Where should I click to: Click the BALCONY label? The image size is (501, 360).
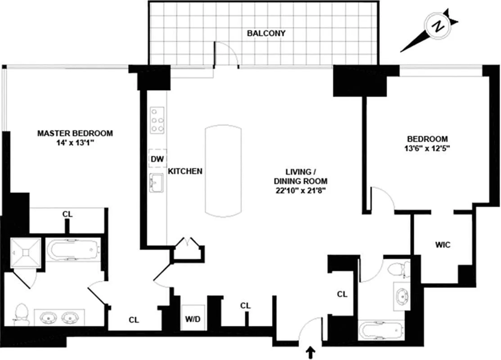click(266, 33)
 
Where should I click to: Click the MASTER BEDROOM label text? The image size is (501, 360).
click(75, 133)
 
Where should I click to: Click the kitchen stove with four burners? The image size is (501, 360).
click(158, 120)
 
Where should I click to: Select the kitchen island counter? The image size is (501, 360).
click(223, 171)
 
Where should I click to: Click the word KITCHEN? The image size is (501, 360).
click(185, 171)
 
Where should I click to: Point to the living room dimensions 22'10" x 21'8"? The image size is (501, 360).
click(301, 190)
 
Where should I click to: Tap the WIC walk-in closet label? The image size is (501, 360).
click(442, 245)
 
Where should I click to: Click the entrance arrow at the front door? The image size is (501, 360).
click(310, 352)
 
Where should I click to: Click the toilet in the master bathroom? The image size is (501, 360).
click(21, 314)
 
